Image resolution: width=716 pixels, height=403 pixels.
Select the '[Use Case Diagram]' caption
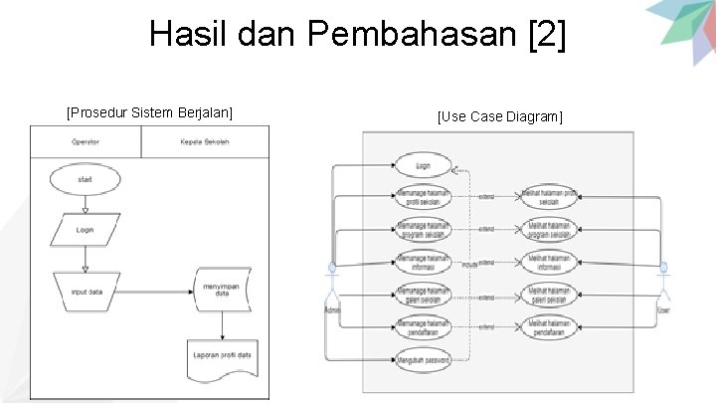click(x=499, y=117)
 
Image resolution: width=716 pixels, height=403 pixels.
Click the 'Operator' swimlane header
click(x=86, y=142)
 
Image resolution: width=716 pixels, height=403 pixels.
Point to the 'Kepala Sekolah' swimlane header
click(x=205, y=142)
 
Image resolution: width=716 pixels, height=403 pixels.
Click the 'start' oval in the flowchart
click(x=86, y=179)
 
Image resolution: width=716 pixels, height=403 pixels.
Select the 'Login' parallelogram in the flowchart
click(x=86, y=230)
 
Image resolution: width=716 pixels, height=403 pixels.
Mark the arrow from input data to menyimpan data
click(x=156, y=292)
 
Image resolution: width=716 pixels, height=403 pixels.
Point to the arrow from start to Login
click(x=86, y=204)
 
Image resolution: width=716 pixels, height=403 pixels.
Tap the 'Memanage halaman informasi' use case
click(x=423, y=263)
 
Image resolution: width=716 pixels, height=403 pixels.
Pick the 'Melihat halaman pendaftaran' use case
click(x=548, y=327)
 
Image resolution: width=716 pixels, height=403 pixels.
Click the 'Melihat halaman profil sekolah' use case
click(x=548, y=198)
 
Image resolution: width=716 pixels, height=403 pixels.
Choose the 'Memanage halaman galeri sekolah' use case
click(x=423, y=296)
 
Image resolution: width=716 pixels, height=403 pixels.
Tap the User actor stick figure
click(x=664, y=284)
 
